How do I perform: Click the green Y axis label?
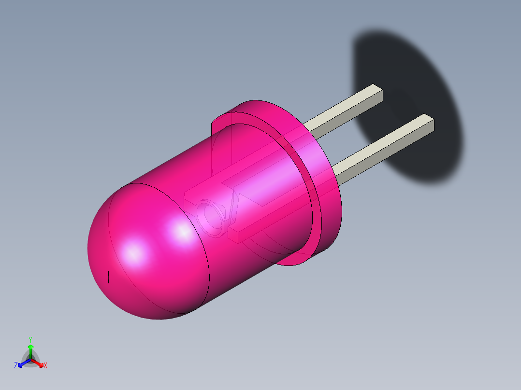[30, 339]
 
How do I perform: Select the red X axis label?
[45, 366]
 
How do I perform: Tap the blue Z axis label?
[16, 366]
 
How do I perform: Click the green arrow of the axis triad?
[30, 348]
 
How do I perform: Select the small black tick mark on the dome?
[109, 277]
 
